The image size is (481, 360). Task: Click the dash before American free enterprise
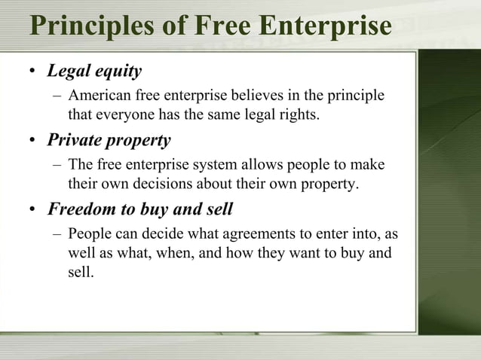pos(58,96)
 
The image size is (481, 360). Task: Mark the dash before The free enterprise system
pos(58,165)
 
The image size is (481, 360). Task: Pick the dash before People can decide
pos(58,233)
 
